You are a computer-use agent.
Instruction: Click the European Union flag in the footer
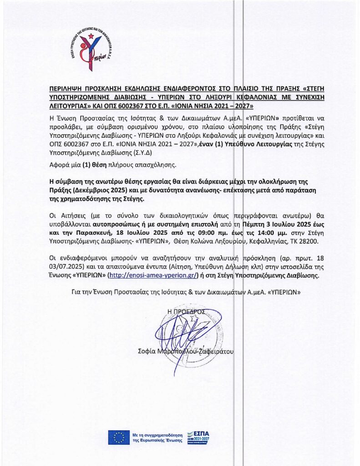[x=119, y=437]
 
